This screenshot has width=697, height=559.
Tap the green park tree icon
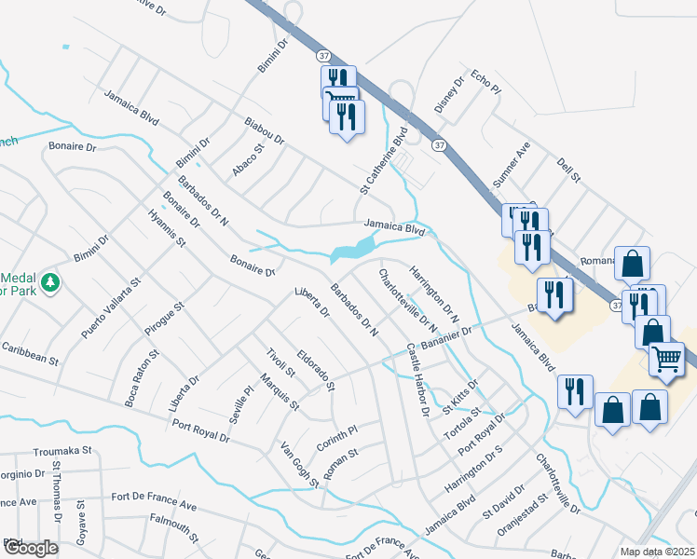tap(54, 280)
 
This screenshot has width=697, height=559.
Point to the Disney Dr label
tap(448, 95)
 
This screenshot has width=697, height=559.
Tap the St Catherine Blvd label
tap(384, 161)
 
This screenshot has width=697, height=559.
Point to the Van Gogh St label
tap(300, 464)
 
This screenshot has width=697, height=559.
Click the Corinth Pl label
tap(336, 440)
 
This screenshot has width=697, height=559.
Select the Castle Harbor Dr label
tap(416, 379)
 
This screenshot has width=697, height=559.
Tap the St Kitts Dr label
tap(460, 396)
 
